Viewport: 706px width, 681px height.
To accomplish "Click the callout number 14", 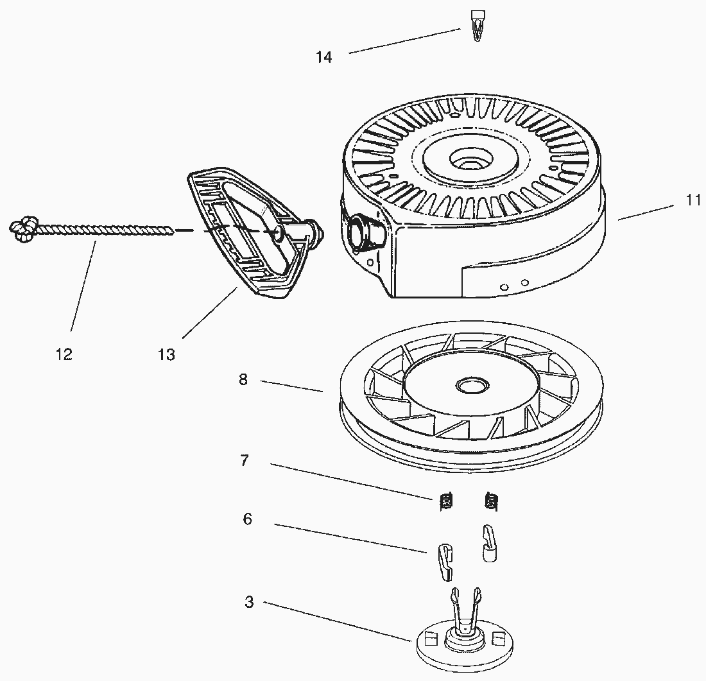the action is [323, 57].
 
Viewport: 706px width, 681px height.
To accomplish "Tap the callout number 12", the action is [64, 354].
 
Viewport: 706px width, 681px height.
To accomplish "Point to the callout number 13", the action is [167, 355].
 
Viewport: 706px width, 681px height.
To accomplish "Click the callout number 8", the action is [243, 380].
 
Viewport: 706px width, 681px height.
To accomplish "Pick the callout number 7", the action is [245, 460].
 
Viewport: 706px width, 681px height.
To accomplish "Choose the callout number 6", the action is [248, 519].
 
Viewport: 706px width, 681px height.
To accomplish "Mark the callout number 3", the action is [250, 601].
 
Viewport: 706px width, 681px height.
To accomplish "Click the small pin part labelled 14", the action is [477, 26].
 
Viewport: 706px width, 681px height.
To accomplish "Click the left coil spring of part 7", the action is [446, 501].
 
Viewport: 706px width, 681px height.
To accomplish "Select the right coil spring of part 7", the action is [491, 501].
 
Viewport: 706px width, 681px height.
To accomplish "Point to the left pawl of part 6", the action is [445, 562].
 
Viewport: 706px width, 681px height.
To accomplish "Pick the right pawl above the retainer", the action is [490, 543].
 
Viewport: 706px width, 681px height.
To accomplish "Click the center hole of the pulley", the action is [472, 385].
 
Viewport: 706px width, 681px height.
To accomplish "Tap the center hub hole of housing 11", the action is [472, 160].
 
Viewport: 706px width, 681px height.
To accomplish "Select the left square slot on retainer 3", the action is [431, 638].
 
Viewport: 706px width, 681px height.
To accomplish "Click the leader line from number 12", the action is [83, 286].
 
